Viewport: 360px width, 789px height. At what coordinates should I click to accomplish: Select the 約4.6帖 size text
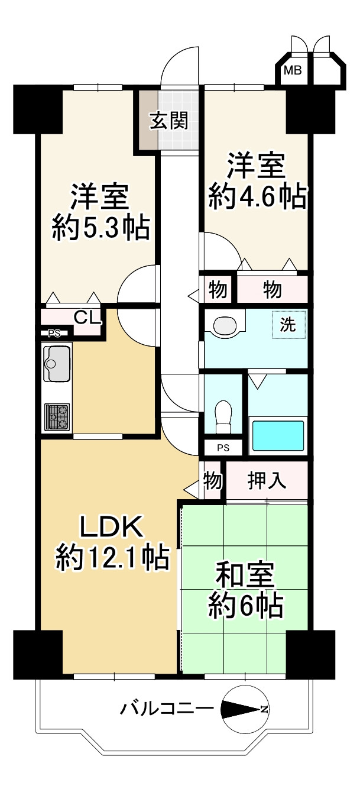257,196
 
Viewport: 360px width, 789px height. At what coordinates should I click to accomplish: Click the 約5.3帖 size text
100,228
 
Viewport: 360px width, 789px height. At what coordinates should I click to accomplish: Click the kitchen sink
56,363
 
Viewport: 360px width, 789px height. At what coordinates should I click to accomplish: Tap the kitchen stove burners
57,416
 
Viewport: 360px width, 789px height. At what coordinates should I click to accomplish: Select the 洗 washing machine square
288,325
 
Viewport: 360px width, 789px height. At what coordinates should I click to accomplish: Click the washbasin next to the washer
225,325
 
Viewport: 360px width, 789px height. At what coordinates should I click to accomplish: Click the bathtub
278,435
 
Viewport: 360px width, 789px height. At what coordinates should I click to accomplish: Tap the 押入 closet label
267,481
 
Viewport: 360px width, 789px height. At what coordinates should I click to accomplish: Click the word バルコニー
164,708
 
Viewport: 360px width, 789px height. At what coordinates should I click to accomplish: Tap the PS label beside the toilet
222,448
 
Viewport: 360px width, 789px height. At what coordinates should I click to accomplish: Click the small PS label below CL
54,333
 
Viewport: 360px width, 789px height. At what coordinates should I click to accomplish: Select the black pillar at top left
37,109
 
